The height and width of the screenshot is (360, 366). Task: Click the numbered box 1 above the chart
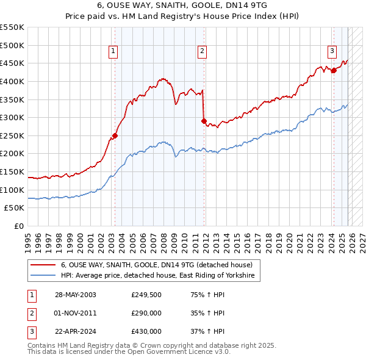pyautogui.click(x=113, y=52)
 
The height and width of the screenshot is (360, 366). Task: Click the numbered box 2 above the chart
pyautogui.click(x=202, y=52)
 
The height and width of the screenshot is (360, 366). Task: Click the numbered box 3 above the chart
pyautogui.click(x=332, y=52)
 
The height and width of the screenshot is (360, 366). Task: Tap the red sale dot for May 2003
pyautogui.click(x=115, y=136)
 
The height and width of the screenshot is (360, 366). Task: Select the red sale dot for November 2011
pyautogui.click(x=204, y=121)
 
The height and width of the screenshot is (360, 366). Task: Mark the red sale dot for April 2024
pyautogui.click(x=334, y=71)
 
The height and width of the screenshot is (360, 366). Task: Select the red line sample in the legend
pyautogui.click(x=43, y=265)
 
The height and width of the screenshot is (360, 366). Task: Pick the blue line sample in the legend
pyautogui.click(x=43, y=276)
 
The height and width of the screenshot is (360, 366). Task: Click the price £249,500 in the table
pyautogui.click(x=146, y=295)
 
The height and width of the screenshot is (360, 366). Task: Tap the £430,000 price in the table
pyautogui.click(x=146, y=331)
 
